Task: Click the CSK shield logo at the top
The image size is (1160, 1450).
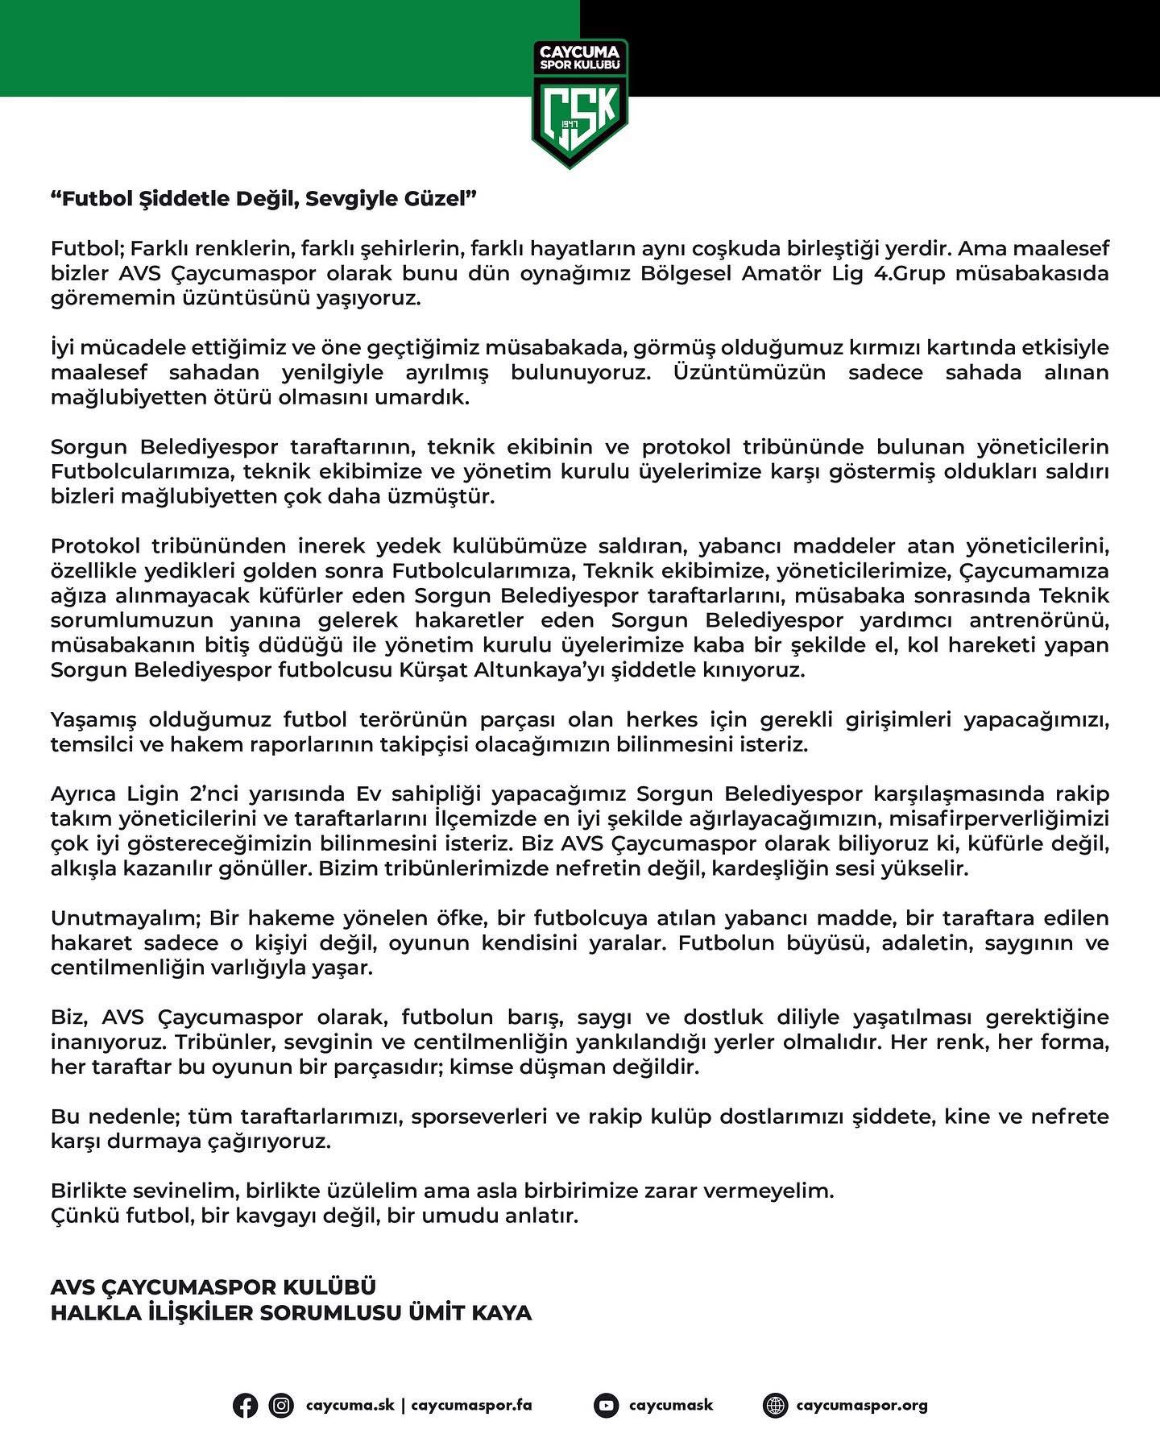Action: (x=579, y=103)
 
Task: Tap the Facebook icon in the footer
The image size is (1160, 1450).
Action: (x=246, y=1406)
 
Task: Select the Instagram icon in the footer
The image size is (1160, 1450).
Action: (x=281, y=1406)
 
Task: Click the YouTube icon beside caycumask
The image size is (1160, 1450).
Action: (x=606, y=1406)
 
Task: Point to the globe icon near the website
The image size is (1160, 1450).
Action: (x=775, y=1406)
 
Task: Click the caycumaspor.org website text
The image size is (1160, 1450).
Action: (x=862, y=1406)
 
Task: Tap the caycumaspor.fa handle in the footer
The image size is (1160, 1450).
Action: (x=471, y=1406)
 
